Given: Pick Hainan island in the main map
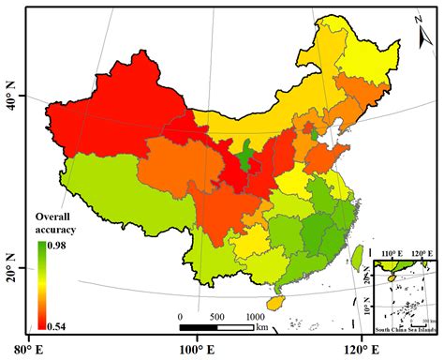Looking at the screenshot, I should [274, 304].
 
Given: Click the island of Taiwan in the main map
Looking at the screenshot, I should [356, 255].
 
